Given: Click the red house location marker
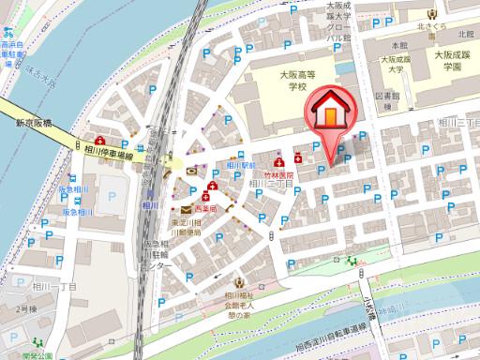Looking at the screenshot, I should coord(328,110).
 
